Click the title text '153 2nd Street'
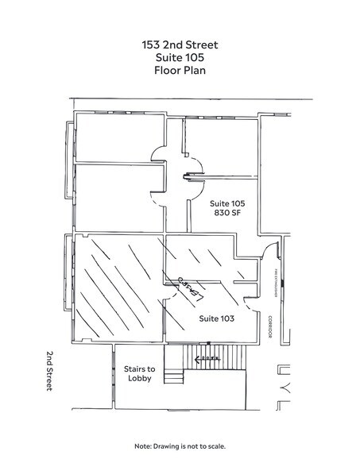point(180,44)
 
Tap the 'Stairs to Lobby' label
point(140,372)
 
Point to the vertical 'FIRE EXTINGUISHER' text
point(274,282)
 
